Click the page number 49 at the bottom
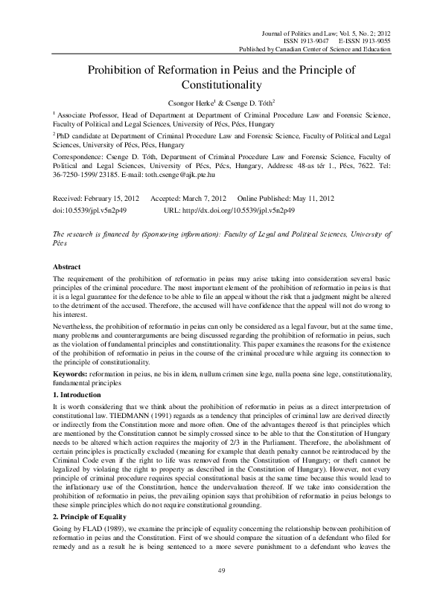(221, 571)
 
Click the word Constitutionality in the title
(221, 86)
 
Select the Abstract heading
(68, 266)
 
